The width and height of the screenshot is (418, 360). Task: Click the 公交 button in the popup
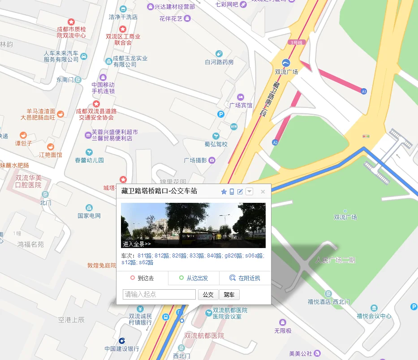208,295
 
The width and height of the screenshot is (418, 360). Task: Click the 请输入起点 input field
159,295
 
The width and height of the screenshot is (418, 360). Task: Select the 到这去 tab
142,278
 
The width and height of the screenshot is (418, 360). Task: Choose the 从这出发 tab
194,278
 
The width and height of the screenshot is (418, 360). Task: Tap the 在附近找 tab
245,278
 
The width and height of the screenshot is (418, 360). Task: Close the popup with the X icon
263,192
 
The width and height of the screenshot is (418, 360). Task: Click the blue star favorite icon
224,192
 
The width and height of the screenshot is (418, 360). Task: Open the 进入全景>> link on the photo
137,244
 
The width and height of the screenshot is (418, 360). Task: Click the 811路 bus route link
145,256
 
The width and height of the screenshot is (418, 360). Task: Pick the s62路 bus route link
146,262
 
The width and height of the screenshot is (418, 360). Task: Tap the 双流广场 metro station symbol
286,62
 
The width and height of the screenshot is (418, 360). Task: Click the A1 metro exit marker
364,91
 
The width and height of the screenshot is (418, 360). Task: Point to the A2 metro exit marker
275,142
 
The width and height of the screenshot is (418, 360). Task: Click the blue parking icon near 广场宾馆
220,115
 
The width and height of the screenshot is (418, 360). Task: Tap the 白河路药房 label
219,62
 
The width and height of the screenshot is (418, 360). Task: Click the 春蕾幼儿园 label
89,160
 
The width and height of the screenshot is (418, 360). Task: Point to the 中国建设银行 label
122,349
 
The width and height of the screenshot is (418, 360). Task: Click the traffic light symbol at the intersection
366,136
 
